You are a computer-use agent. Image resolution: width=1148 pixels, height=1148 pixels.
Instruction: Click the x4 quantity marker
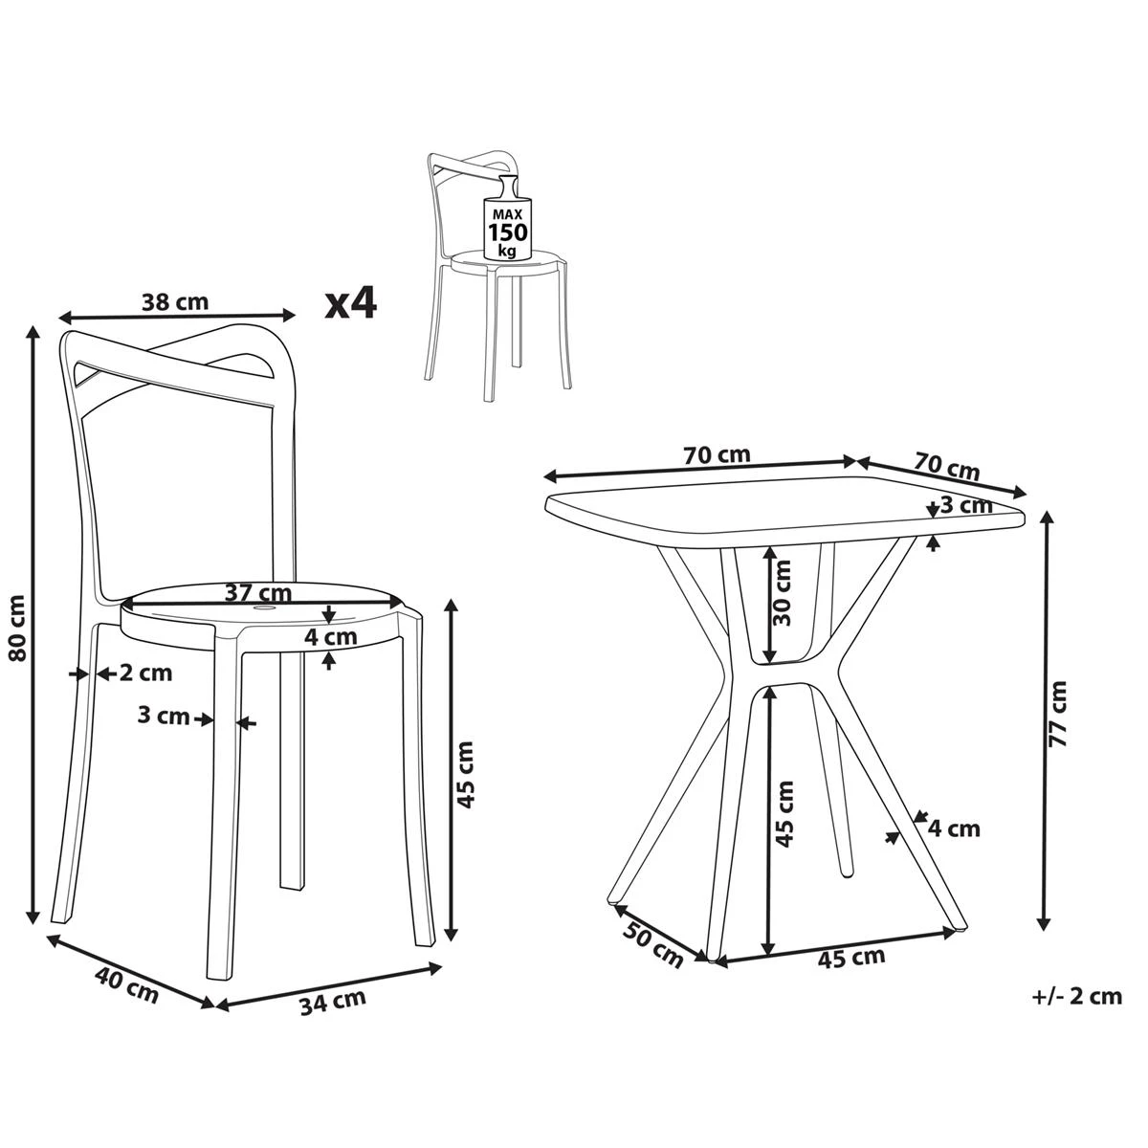click(350, 304)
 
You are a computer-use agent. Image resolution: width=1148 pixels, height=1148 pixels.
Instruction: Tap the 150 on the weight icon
click(508, 232)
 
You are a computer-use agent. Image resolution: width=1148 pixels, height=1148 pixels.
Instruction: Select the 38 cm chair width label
click(175, 302)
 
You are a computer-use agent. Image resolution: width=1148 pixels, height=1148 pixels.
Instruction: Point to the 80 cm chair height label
click(18, 629)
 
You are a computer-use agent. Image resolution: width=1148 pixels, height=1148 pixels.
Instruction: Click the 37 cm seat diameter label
click(258, 593)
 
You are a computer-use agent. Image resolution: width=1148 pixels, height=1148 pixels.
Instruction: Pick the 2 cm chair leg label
click(146, 673)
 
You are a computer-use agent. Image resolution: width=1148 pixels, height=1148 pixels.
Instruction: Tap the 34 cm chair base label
click(332, 1001)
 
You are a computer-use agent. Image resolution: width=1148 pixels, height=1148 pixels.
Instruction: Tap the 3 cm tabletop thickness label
click(965, 506)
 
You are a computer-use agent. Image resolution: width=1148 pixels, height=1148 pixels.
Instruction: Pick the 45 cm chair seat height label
click(464, 775)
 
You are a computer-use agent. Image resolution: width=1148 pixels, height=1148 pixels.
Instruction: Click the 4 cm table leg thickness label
click(954, 828)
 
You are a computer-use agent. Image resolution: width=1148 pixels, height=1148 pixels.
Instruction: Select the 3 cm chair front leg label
click(164, 715)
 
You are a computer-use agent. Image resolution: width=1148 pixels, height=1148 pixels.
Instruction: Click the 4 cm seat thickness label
click(331, 637)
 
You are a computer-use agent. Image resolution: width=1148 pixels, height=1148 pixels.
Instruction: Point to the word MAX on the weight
click(508, 214)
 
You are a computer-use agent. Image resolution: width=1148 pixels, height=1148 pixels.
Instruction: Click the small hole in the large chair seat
click(263, 608)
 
